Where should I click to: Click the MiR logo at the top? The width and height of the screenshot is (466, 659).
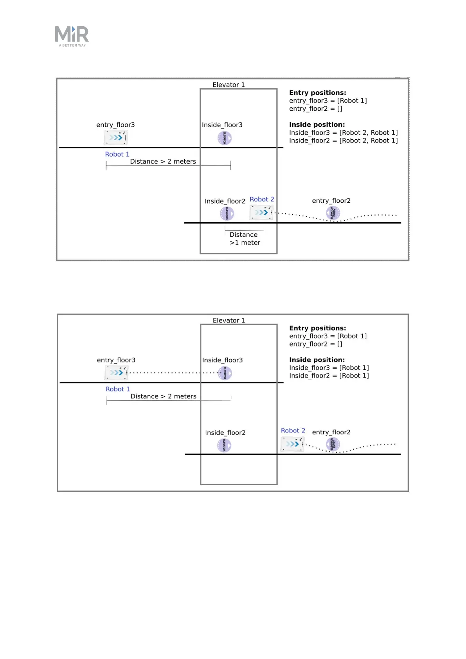(x=72, y=36)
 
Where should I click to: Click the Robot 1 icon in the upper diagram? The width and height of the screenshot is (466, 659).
(x=116, y=137)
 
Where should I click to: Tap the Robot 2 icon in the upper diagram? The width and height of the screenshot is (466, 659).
(x=261, y=212)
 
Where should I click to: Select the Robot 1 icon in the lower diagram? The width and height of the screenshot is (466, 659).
(x=117, y=373)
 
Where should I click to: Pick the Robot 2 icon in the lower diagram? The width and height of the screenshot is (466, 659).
(x=292, y=444)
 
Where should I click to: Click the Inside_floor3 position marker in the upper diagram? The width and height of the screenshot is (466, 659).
(x=225, y=138)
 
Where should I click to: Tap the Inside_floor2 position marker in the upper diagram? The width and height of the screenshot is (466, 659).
(x=227, y=214)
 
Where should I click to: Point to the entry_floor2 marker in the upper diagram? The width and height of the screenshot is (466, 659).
(x=333, y=213)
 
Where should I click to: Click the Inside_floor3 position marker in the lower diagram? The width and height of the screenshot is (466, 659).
(x=225, y=373)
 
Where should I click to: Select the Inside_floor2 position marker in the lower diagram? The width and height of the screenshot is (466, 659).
(x=224, y=445)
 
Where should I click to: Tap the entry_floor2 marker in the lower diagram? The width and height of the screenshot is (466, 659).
(x=333, y=444)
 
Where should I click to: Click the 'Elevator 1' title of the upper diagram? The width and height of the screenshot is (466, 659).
(x=229, y=85)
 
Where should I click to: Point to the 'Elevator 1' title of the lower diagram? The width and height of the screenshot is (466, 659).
(x=229, y=320)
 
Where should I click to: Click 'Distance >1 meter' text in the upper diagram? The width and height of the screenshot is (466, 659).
(x=244, y=239)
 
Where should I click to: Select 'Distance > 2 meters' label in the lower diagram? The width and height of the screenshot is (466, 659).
(x=163, y=396)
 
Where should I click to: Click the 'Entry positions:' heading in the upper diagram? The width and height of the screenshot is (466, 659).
(x=318, y=93)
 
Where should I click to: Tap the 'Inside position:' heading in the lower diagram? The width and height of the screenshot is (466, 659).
(x=317, y=360)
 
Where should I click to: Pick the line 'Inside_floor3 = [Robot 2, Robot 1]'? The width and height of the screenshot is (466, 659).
(x=343, y=133)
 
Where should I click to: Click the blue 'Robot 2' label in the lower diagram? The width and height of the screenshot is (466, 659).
(x=293, y=430)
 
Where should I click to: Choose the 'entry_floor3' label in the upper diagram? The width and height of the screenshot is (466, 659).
(x=115, y=125)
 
